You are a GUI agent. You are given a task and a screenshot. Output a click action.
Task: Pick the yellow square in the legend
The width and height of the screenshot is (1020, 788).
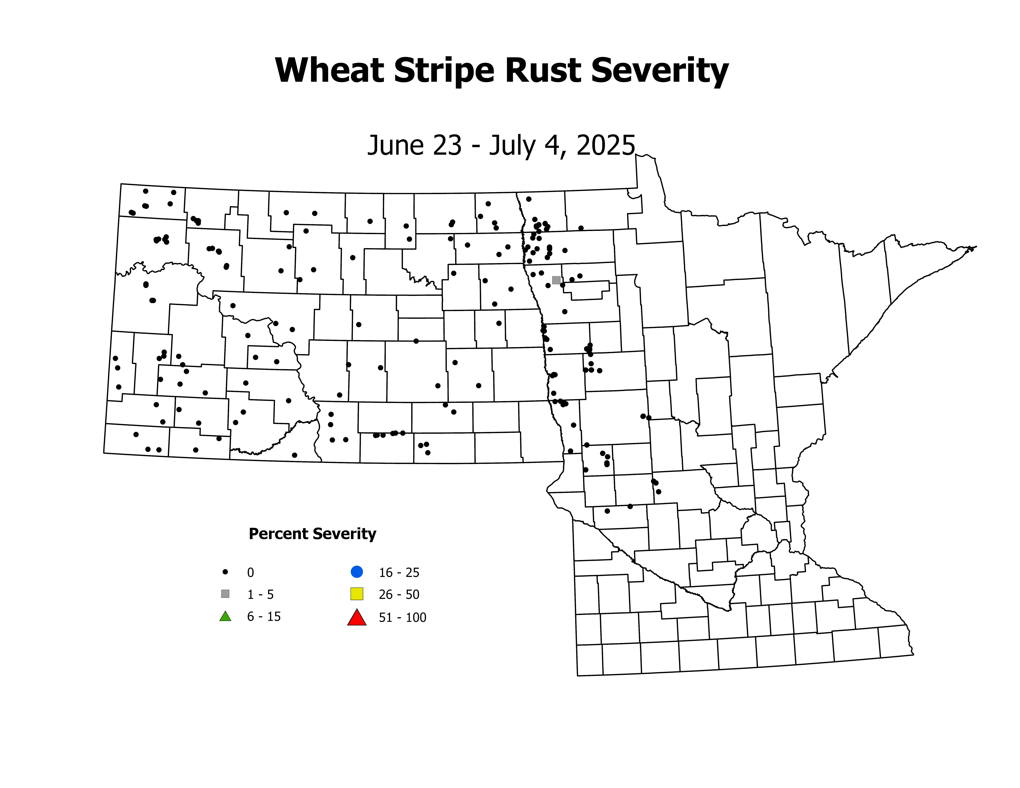(x=357, y=594)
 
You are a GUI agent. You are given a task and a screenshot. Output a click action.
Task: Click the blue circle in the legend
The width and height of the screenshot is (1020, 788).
(x=357, y=571)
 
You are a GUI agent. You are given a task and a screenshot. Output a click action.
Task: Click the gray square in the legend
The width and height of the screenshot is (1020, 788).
(x=225, y=594)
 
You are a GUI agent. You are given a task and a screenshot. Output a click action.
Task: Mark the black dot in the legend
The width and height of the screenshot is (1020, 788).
(x=225, y=571)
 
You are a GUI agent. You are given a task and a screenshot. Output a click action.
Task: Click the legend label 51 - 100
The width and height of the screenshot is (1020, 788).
(x=403, y=618)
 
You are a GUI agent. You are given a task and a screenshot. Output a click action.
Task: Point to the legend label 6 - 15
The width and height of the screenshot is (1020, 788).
(x=264, y=617)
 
